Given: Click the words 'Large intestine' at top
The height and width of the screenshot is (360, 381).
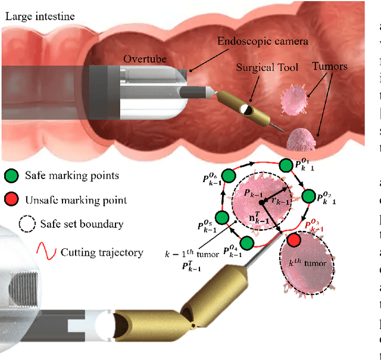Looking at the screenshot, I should (39, 16).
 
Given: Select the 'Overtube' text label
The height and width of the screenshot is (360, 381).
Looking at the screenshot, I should (145, 59).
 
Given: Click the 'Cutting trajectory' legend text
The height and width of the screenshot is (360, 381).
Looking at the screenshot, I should (102, 252).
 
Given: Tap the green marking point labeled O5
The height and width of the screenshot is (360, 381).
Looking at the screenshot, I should (221, 218).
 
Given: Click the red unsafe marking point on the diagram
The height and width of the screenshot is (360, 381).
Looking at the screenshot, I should (293, 240).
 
